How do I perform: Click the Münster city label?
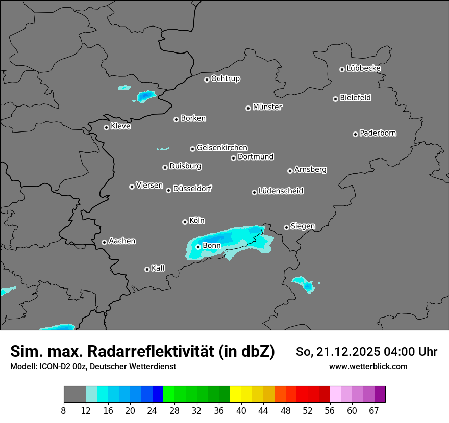coord(267,107)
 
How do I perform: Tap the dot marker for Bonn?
coord(198,247)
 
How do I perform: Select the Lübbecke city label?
coord(363,68)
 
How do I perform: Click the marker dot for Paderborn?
coord(356,134)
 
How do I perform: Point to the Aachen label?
coord(122,241)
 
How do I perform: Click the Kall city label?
coord(158,268)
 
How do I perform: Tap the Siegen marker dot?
coord(286,227)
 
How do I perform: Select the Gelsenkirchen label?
coord(222,148)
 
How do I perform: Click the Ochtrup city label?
coord(226,78)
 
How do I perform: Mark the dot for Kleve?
coord(107,127)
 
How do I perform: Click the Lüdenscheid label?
coord(281,191)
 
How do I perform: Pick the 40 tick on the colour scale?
coord(241,410)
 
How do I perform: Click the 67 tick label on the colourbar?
coord(375,410)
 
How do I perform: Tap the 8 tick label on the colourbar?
coord(64,410)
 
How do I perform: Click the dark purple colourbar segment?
coord(380,394)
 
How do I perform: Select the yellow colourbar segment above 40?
coord(236,394)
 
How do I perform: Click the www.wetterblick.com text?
coord(368,367)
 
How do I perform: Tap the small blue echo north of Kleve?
coord(146,96)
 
